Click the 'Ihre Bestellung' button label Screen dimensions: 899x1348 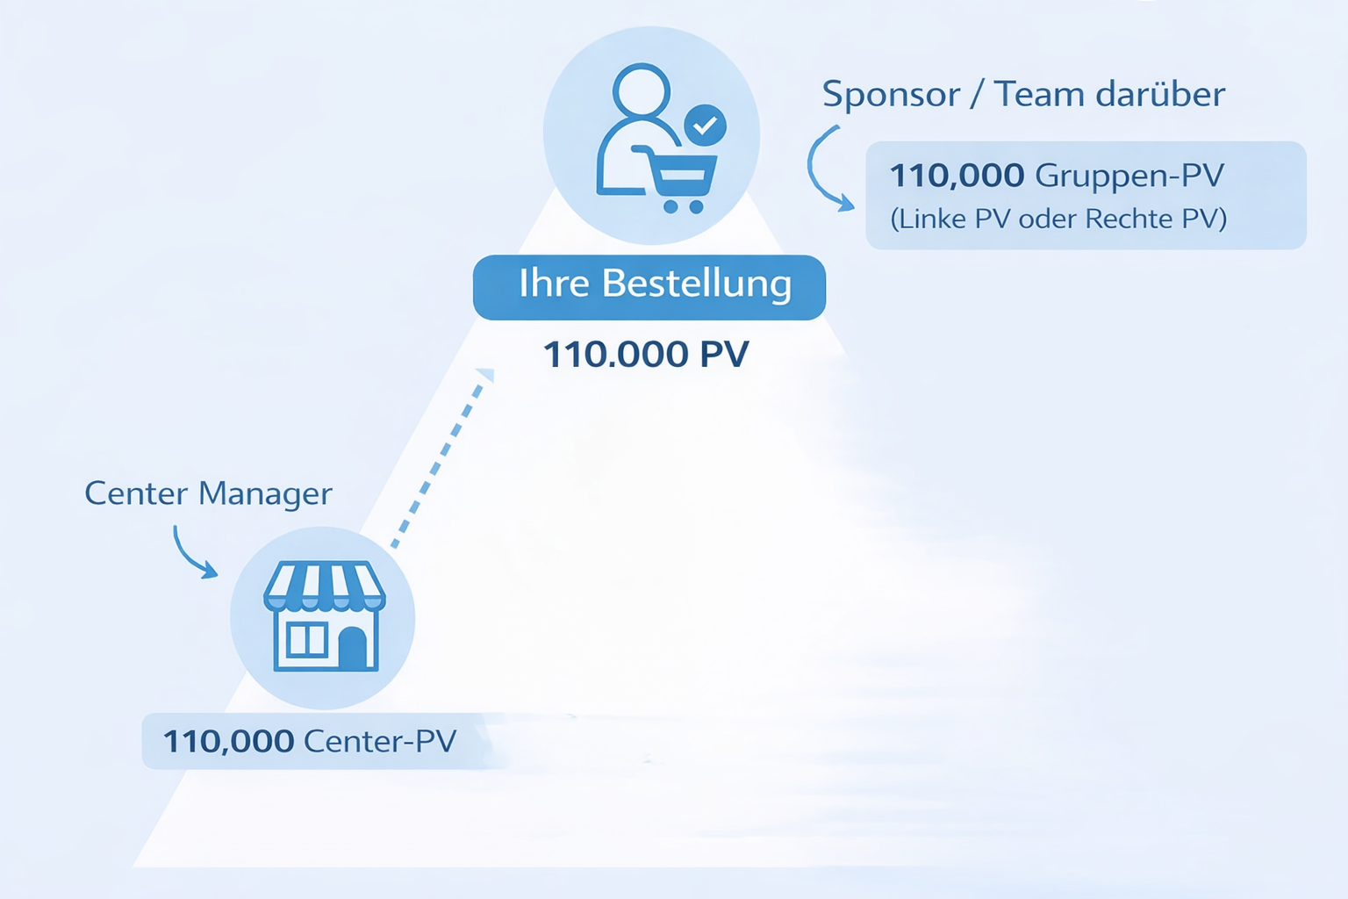pyautogui.click(x=655, y=284)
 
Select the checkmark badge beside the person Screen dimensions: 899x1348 pyautogui.click(x=705, y=126)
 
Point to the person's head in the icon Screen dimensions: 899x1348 pyautogui.click(x=642, y=90)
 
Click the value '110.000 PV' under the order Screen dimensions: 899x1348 pyautogui.click(x=646, y=355)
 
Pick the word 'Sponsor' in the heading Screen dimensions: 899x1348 pyautogui.click(x=891, y=95)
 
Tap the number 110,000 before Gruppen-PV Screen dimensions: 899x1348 pyautogui.click(x=957, y=176)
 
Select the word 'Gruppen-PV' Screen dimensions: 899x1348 pyautogui.click(x=1129, y=176)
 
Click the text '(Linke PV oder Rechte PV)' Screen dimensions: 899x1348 pyautogui.click(x=1058, y=219)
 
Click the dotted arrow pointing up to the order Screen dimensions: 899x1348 pyautogui.click(x=443, y=457)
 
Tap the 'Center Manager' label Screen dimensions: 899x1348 pyautogui.click(x=208, y=493)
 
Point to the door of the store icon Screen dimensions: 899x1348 pyautogui.click(x=353, y=648)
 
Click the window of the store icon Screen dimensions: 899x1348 pyautogui.click(x=306, y=640)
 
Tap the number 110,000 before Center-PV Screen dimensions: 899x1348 pyautogui.click(x=228, y=742)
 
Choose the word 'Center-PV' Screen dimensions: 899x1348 pyautogui.click(x=380, y=742)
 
